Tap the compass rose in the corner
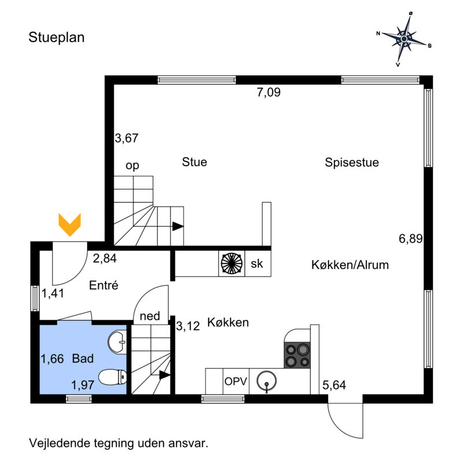click(404, 39)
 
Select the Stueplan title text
click(57, 38)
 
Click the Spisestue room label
click(352, 162)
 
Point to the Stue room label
click(195, 162)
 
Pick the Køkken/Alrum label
click(350, 265)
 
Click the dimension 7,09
click(269, 92)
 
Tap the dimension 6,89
click(411, 239)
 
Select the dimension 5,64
click(334, 385)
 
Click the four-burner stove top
click(297, 355)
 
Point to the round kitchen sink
click(267, 381)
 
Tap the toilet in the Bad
click(113, 378)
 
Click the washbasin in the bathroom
click(117, 342)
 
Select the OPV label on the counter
click(236, 382)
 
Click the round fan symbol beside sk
click(232, 263)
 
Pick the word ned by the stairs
click(150, 316)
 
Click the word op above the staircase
click(132, 166)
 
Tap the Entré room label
click(104, 285)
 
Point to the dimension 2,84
click(105, 258)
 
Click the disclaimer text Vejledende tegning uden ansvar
click(119, 443)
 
